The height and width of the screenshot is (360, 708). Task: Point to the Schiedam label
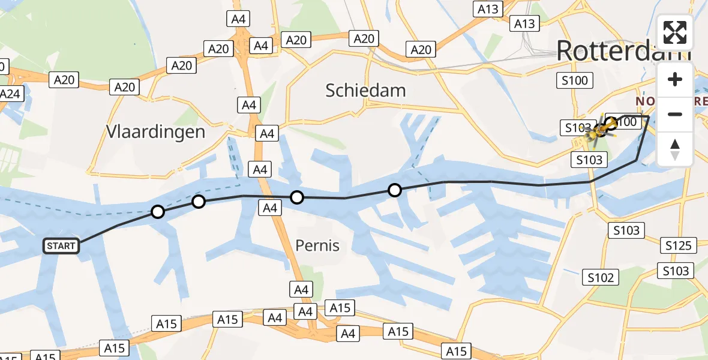click(365, 91)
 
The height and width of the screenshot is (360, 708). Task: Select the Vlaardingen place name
click(155, 131)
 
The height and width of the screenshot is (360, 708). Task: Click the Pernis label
click(317, 245)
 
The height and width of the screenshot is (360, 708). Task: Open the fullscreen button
click(675, 32)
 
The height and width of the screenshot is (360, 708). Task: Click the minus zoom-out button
click(675, 114)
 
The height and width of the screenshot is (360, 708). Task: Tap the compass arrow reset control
click(675, 149)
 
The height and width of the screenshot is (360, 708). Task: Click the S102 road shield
click(601, 277)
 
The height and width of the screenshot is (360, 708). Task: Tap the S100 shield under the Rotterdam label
click(575, 80)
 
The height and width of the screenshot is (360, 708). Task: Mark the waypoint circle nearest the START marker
click(157, 211)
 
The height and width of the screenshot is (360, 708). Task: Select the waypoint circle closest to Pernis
click(296, 197)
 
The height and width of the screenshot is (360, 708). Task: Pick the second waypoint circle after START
click(198, 202)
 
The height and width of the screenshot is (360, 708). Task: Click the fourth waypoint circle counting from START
click(394, 190)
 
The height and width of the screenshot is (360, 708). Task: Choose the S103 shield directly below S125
click(676, 271)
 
